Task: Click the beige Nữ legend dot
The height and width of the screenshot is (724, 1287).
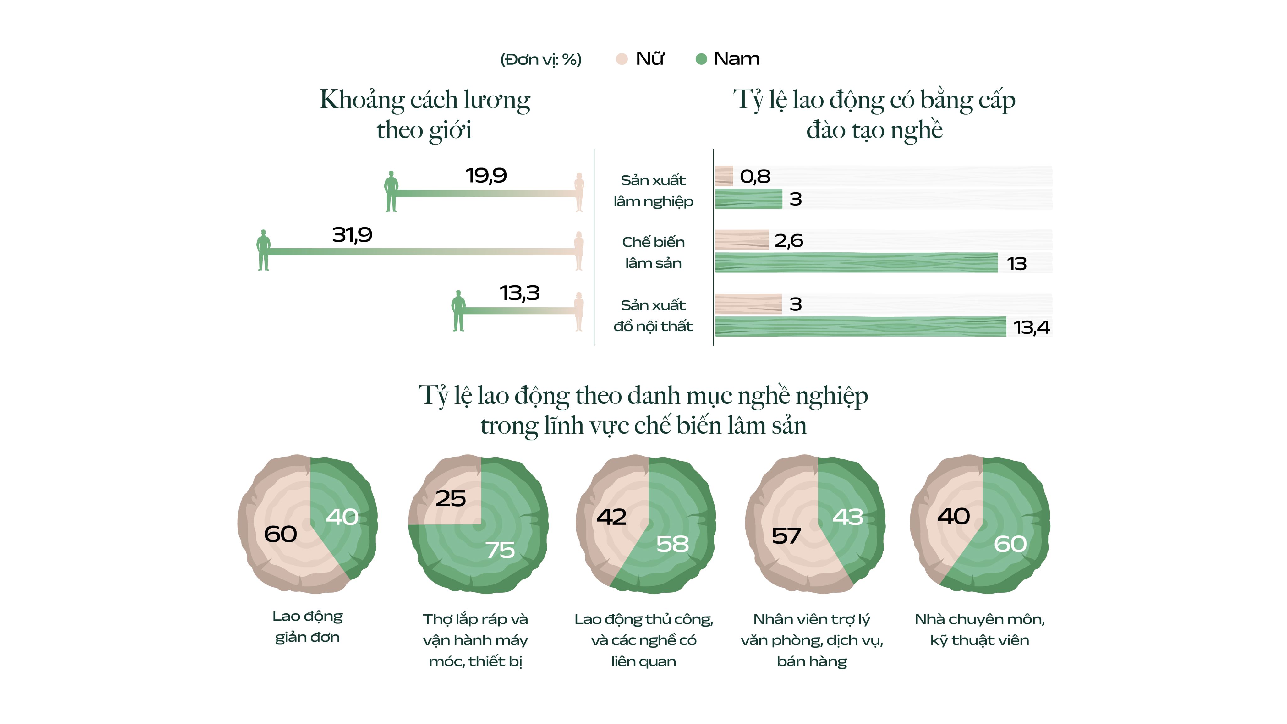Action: click(x=622, y=59)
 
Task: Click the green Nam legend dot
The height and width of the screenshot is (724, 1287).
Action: click(x=701, y=59)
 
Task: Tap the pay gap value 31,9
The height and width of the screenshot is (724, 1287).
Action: click(x=352, y=235)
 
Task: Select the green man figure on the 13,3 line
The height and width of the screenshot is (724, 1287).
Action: click(x=458, y=311)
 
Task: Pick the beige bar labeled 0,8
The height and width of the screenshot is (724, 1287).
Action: click(x=724, y=176)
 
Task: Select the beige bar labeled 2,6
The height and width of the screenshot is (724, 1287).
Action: click(x=742, y=240)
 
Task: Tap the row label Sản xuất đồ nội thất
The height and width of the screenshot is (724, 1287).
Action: click(x=653, y=316)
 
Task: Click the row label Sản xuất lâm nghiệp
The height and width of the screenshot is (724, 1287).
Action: click(x=653, y=191)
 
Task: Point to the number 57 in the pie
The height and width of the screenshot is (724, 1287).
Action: click(x=786, y=536)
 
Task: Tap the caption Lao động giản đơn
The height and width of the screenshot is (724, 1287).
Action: click(x=307, y=627)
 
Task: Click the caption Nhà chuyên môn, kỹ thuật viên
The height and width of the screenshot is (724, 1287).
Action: click(x=979, y=629)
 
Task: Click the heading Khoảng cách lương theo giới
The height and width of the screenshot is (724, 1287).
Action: click(x=425, y=114)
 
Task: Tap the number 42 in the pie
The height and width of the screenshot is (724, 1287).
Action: click(x=611, y=517)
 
